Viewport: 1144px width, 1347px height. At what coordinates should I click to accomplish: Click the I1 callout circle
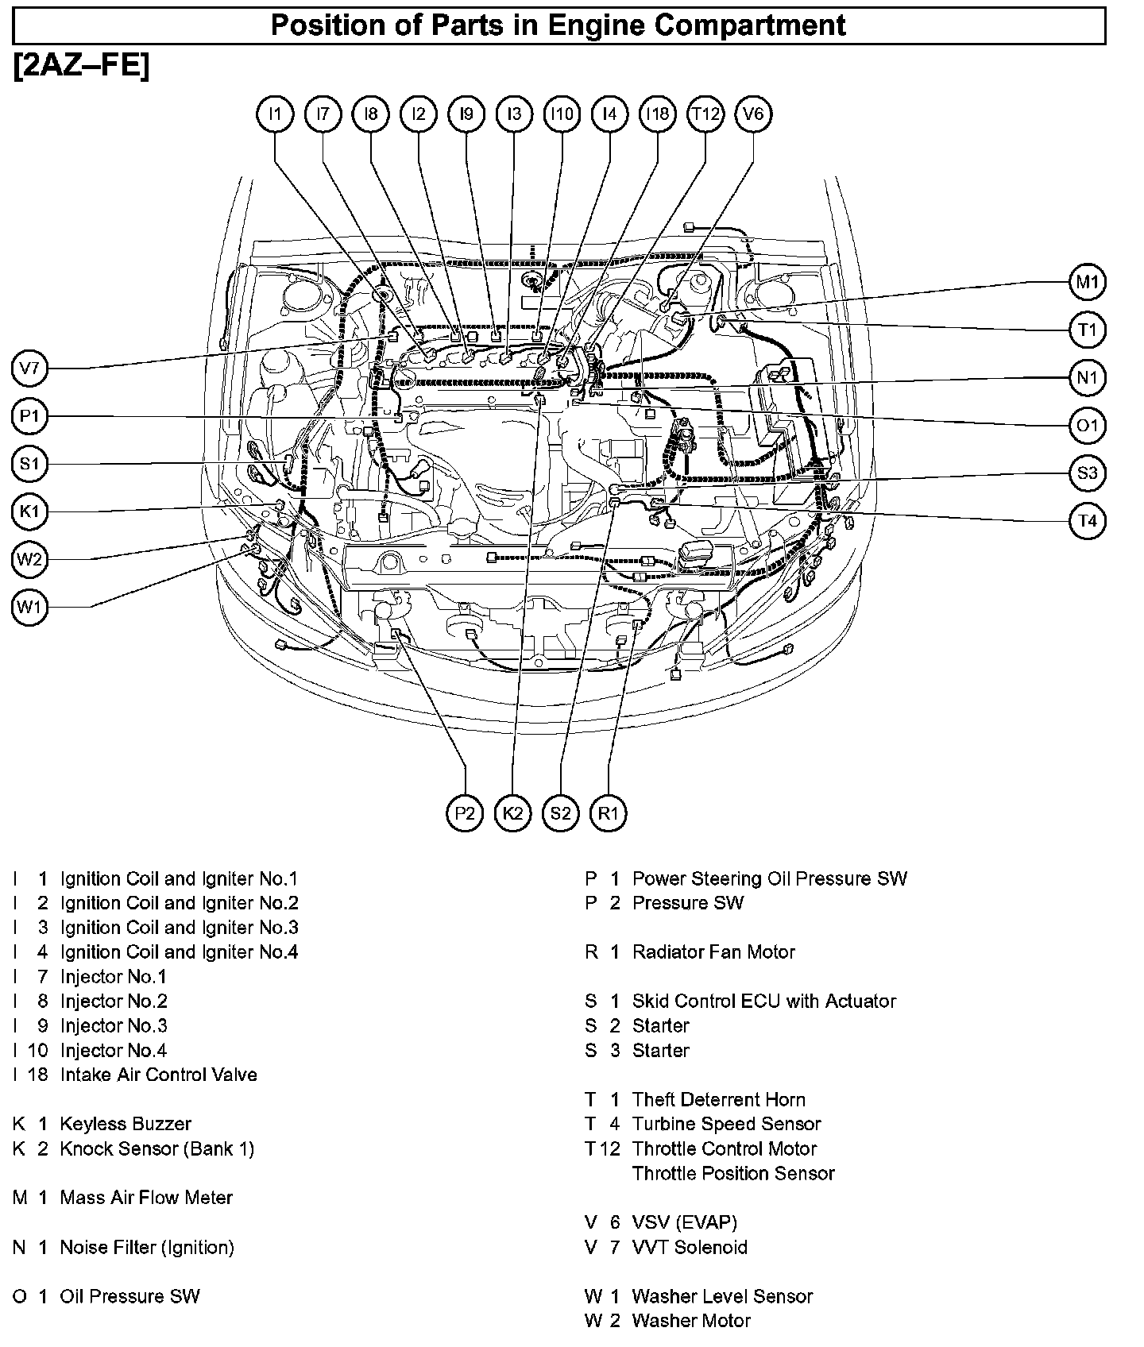pos(275,114)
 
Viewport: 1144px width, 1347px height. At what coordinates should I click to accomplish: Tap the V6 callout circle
pos(753,114)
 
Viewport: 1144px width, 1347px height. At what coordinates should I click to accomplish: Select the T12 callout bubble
pos(705,114)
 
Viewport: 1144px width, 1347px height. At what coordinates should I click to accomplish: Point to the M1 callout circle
pos(1087,282)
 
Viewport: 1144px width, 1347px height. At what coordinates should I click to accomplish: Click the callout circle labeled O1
pos(1087,426)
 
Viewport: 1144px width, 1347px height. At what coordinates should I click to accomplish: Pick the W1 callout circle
pos(29,608)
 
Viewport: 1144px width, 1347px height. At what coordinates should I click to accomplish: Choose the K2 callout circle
pos(512,813)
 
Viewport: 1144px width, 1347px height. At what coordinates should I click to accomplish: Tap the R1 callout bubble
pos(609,813)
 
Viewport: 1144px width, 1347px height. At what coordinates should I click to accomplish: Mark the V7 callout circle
pos(29,369)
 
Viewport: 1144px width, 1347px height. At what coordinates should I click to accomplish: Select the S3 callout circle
pos(1087,473)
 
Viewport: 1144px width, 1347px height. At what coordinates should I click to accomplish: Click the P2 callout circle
pos(465,813)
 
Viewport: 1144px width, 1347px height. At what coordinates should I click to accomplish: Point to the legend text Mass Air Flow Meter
pos(146,1198)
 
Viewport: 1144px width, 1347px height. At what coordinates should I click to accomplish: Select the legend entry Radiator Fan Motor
pos(713,952)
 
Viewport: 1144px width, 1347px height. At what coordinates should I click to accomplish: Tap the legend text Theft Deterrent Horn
pos(718,1100)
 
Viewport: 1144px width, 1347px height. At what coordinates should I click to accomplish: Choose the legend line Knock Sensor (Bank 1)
pos(157,1149)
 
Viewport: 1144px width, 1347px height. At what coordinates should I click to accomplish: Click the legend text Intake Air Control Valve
pos(158,1075)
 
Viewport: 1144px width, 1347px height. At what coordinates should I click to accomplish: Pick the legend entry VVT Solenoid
pos(690,1248)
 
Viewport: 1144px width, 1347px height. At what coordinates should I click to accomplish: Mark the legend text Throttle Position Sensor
pos(733,1174)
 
